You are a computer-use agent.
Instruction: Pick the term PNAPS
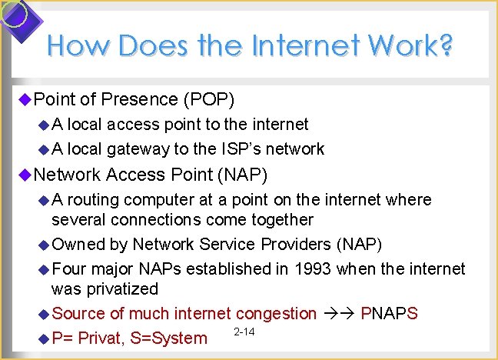(x=389, y=313)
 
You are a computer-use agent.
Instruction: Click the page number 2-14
(x=244, y=332)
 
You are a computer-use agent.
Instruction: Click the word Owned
(x=77, y=244)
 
